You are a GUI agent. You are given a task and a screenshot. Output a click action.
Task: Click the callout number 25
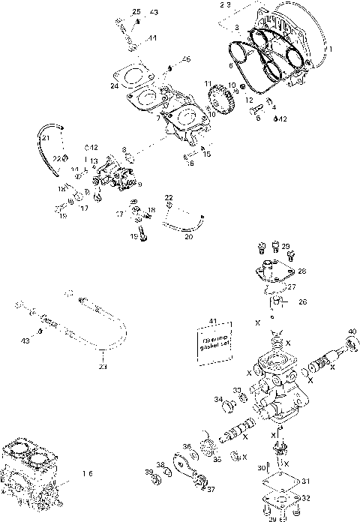[x=136, y=12]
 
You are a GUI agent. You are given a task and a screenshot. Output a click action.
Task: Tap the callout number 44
[x=151, y=37]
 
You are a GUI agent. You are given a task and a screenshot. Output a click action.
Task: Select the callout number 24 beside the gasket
[x=115, y=86]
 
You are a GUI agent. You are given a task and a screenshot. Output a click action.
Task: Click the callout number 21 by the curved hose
[x=46, y=138]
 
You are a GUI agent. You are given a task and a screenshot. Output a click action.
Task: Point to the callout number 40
[x=352, y=331]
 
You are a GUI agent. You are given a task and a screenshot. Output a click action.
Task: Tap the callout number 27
[x=292, y=286]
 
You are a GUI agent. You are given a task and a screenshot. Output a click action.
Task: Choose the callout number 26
[x=303, y=302]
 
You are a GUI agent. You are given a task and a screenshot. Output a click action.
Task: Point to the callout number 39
[x=148, y=472]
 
